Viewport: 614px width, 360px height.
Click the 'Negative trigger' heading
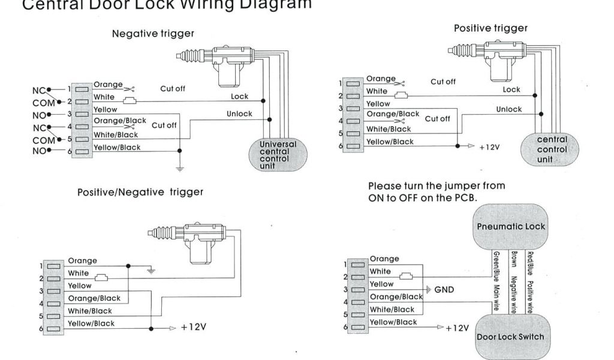[x=153, y=34]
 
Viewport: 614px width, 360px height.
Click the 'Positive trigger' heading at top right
[x=490, y=28]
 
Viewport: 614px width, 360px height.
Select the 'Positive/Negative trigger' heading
[x=140, y=192]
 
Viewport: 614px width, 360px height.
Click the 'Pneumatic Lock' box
[x=510, y=227]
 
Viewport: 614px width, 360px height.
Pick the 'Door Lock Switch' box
[x=510, y=336]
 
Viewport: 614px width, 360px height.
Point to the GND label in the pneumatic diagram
[x=444, y=290]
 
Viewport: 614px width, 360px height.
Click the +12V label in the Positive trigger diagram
[x=489, y=146]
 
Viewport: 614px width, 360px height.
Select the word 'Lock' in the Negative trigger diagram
[x=239, y=97]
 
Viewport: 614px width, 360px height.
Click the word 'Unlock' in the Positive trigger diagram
[x=509, y=109]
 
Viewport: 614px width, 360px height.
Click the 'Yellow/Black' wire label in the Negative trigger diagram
[x=117, y=148]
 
